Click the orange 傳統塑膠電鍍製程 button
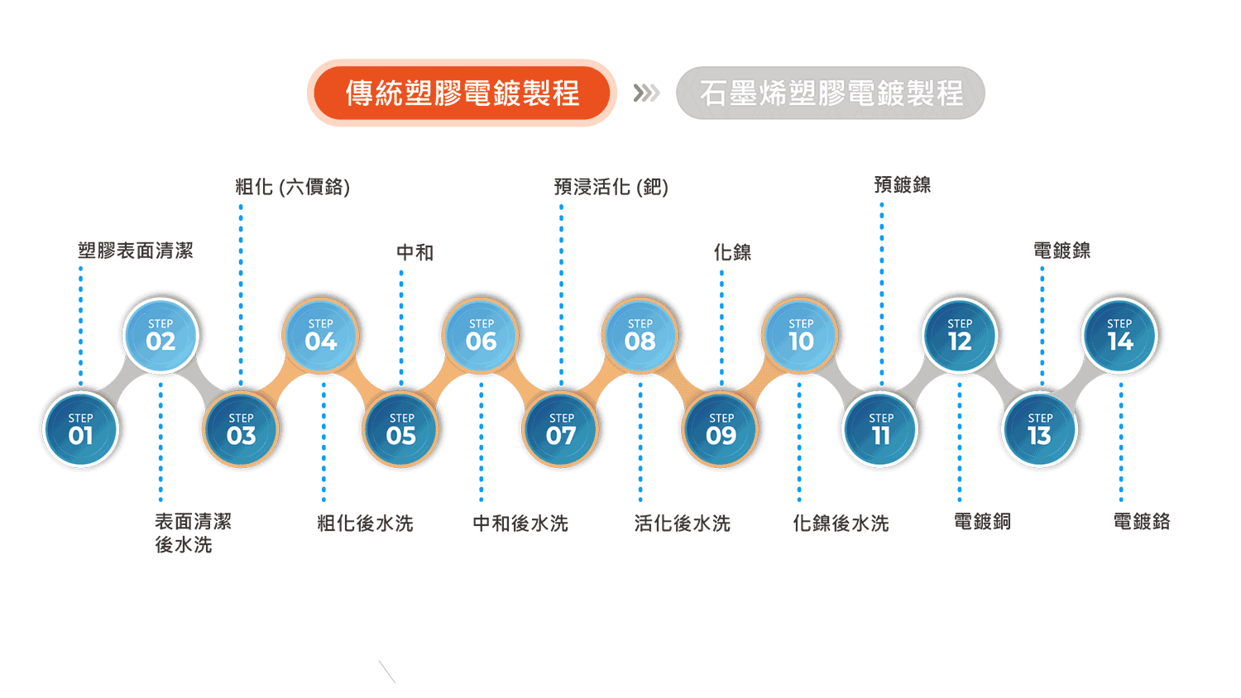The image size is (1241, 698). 462,93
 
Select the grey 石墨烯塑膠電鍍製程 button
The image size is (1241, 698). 831,93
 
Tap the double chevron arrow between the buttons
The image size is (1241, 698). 646,93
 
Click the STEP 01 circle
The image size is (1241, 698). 81,429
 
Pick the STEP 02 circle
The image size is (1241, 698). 161,335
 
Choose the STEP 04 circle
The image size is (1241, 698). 321,335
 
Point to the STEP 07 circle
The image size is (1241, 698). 561,429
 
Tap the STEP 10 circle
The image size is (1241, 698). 801,335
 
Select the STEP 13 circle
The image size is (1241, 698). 1040,429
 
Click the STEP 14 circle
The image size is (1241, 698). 1120,335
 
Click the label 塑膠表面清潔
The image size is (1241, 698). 136,251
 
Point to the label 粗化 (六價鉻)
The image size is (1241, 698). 293,187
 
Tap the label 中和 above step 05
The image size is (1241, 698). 414,252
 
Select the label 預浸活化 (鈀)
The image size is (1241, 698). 611,187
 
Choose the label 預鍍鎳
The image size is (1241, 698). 903,185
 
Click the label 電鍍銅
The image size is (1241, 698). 983,522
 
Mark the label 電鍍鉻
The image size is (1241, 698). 1142,522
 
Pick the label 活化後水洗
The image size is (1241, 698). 683,523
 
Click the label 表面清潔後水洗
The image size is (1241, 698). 193,533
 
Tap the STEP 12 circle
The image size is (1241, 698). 960,335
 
